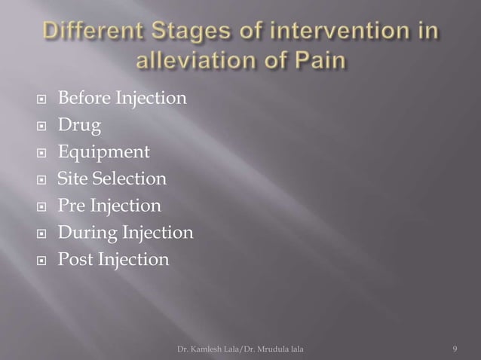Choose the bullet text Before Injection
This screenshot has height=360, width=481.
[122, 98]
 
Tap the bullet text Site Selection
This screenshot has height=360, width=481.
[112, 179]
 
